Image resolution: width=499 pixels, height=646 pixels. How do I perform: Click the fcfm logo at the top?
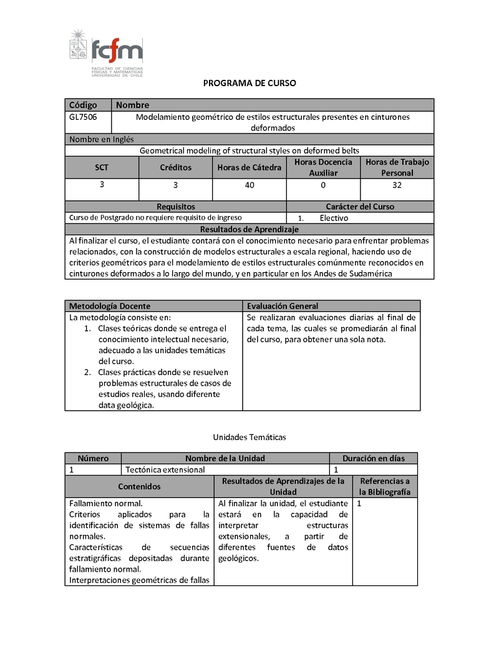tap(106, 54)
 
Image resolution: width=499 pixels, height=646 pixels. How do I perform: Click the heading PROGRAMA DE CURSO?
tap(249, 83)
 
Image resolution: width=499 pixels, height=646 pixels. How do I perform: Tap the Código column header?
tap(84, 105)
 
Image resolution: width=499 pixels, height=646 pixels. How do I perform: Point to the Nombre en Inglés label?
tap(102, 139)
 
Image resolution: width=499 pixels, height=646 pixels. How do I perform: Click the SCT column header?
tap(102, 167)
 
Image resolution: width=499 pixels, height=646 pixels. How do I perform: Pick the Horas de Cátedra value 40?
tap(249, 185)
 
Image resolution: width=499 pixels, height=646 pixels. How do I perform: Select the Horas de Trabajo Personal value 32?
tap(397, 185)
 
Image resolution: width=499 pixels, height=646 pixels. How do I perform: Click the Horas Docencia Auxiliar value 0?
tap(323, 185)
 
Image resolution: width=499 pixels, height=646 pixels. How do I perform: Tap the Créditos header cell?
tap(176, 167)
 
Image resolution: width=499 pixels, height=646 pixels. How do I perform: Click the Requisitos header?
tap(176, 207)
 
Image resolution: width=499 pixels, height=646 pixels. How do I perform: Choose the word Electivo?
tap(334, 218)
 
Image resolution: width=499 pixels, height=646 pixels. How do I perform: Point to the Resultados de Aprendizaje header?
tap(249, 229)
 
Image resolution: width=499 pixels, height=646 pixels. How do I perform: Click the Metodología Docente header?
tap(110, 306)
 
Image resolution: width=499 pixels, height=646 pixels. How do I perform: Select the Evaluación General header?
tap(283, 306)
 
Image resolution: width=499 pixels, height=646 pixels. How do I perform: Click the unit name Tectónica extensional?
tap(165, 469)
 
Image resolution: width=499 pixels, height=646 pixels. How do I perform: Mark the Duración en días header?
tap(374, 458)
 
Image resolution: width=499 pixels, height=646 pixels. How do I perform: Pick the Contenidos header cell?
tap(139, 486)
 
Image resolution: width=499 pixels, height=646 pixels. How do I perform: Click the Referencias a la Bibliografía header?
tap(385, 486)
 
